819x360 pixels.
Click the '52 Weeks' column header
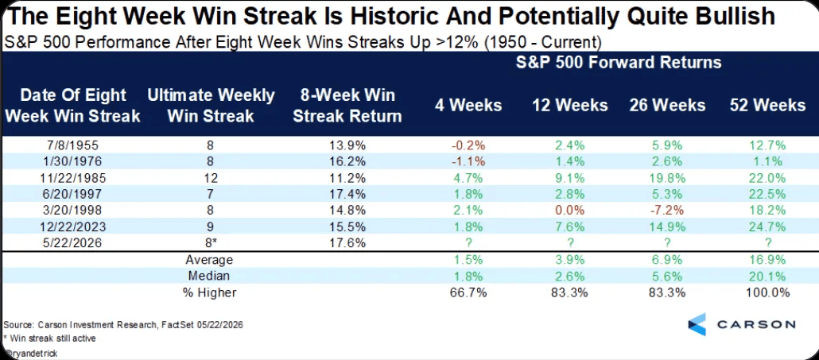[767, 106]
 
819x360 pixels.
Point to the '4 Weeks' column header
[468, 106]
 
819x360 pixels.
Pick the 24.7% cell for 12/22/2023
[769, 227]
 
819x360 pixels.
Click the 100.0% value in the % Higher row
[769, 292]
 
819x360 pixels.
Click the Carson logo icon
[697, 324]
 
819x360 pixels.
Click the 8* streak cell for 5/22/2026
[211, 243]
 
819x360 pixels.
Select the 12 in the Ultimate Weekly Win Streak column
[211, 178]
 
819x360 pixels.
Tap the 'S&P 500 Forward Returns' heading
[619, 63]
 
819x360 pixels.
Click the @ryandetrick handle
[29, 353]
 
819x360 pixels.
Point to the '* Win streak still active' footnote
[49, 338]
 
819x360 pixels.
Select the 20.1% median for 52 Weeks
[769, 276]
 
